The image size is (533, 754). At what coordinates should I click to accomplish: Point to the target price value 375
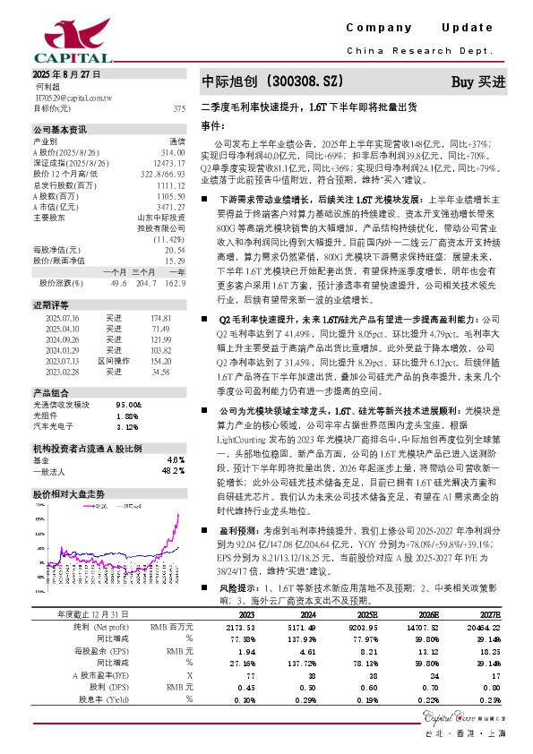tap(178, 108)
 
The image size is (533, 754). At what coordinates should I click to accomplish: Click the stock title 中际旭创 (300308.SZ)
tap(271, 81)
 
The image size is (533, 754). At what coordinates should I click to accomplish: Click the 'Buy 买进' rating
tap(478, 81)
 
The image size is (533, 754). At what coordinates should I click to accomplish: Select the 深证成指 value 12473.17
tap(169, 163)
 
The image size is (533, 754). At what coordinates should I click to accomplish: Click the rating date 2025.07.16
tap(61, 318)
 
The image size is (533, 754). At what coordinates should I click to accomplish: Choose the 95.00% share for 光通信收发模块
tap(130, 404)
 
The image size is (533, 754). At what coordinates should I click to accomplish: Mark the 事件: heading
tap(211, 124)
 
